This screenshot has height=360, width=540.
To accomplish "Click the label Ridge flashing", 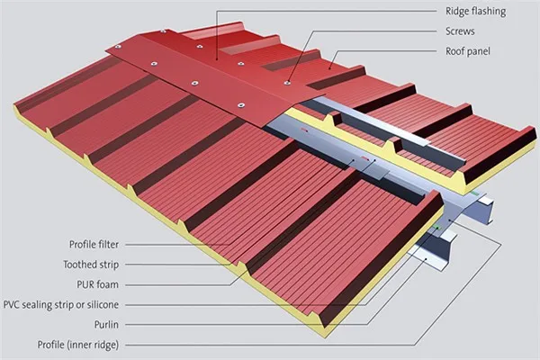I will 476,13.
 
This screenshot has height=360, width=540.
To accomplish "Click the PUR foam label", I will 104,284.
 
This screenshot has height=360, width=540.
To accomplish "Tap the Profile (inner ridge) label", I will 84,344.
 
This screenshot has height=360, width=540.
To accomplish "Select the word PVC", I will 13,304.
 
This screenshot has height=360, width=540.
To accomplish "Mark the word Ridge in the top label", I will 458,13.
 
